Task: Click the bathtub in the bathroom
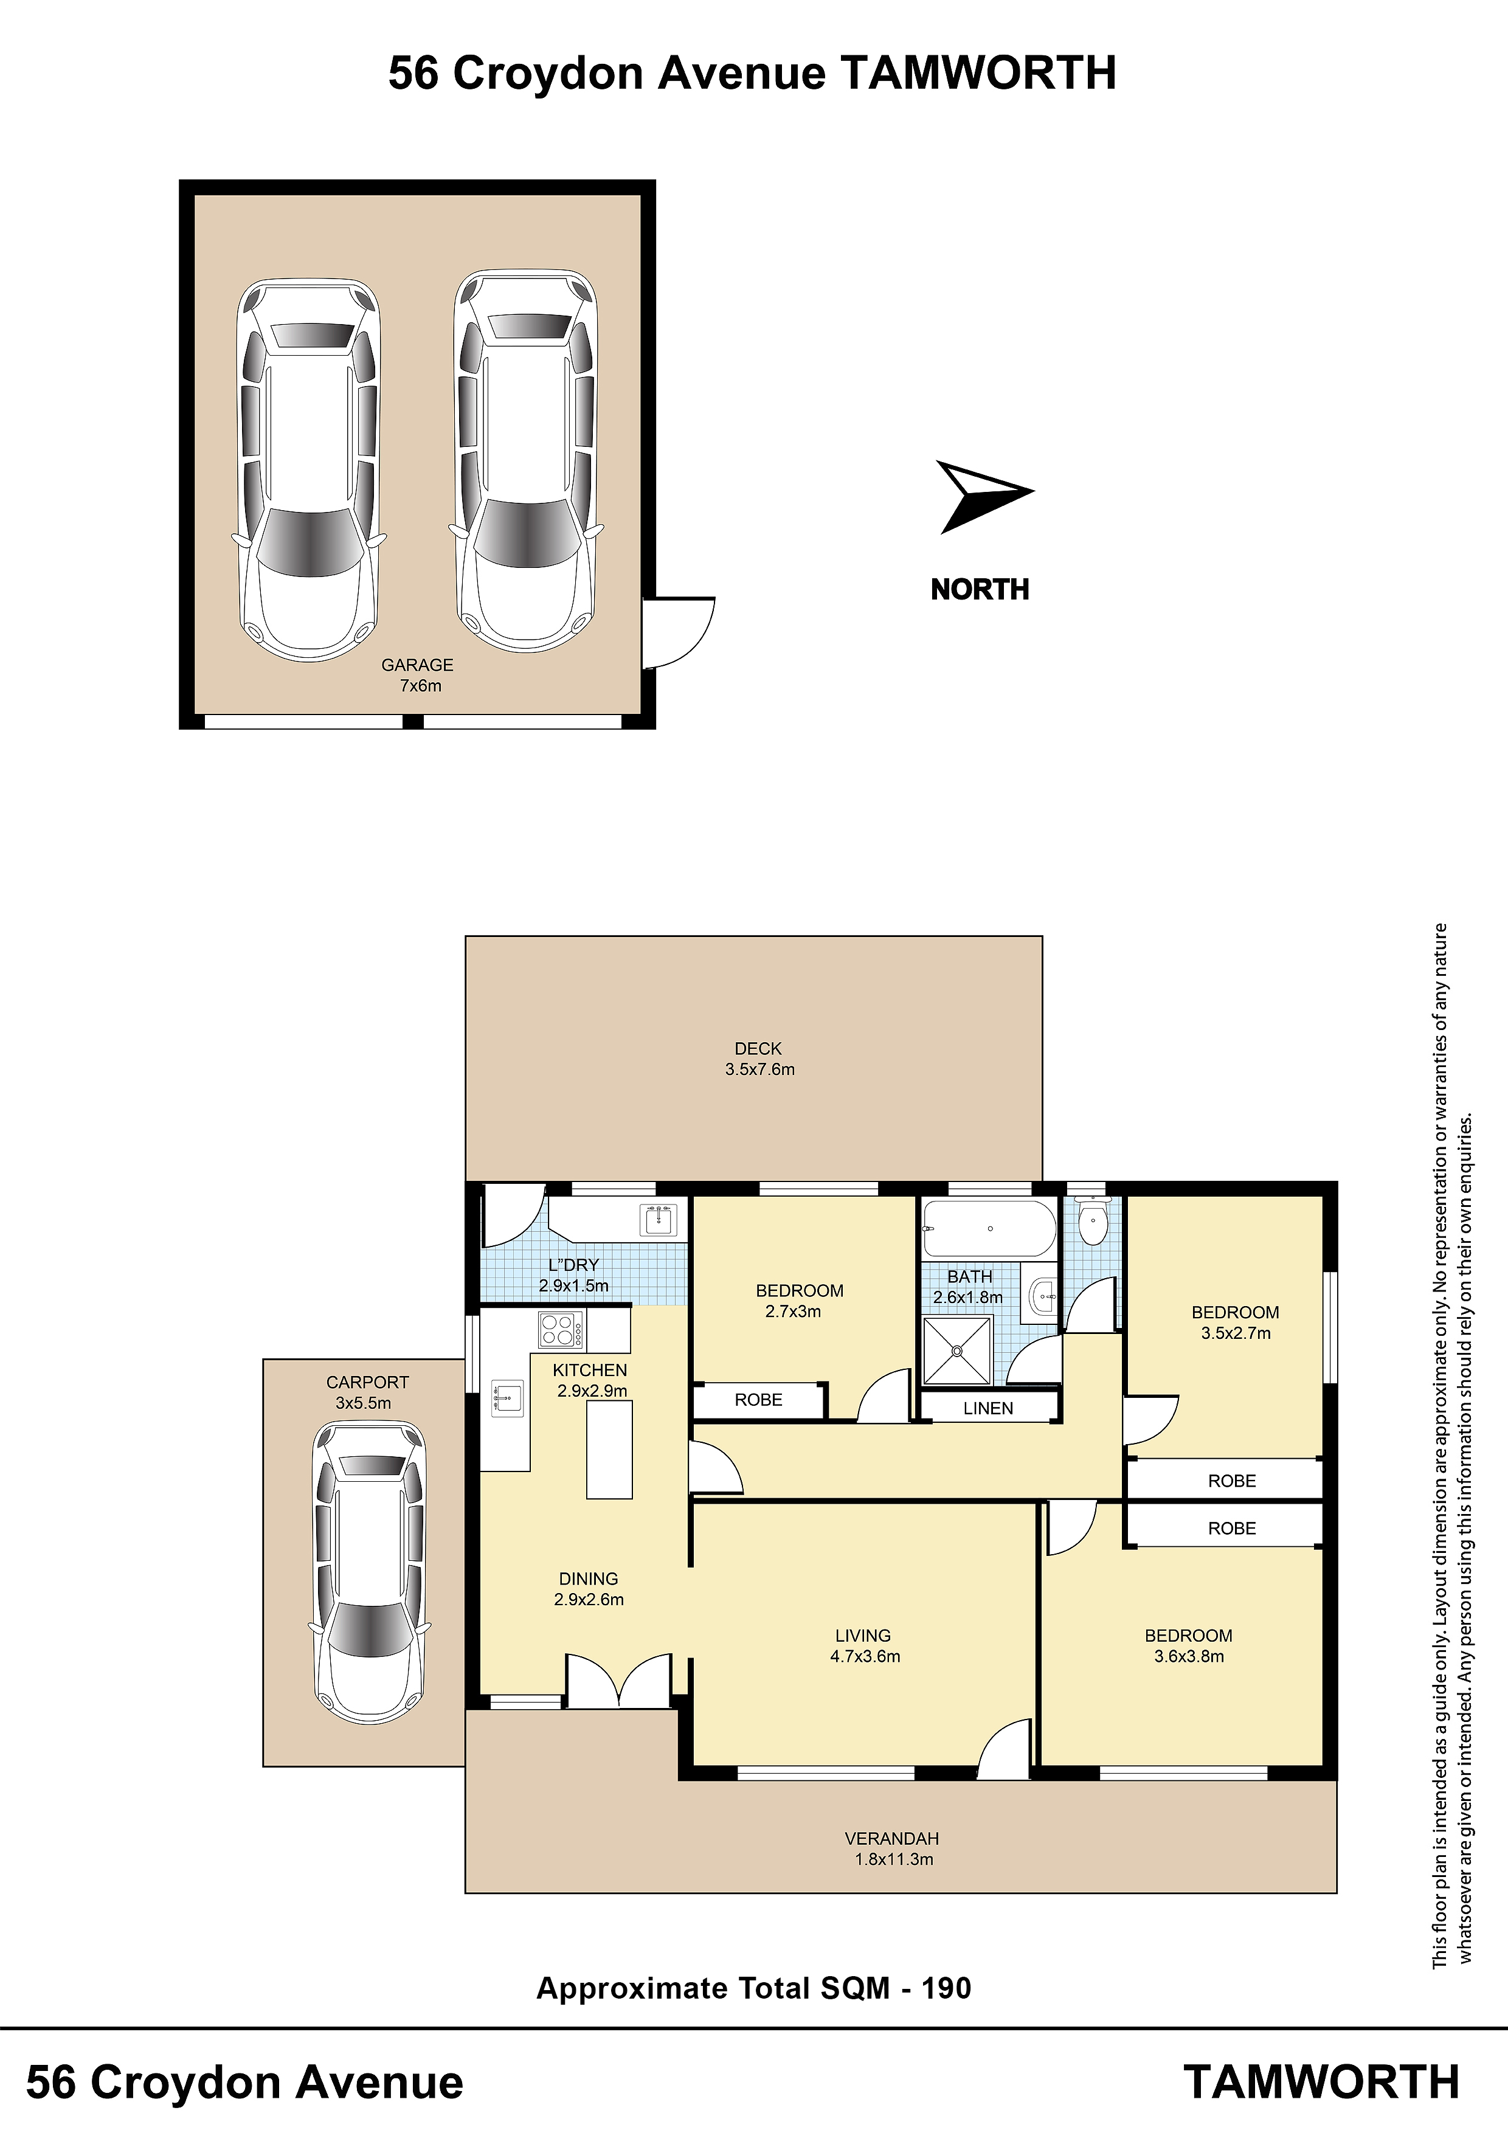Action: coord(989,1228)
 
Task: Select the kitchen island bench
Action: coord(609,1449)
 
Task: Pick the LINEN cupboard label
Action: coord(989,1408)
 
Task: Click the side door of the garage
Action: coord(679,632)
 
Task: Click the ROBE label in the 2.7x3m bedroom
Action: coord(758,1400)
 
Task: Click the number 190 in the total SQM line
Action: coord(946,1988)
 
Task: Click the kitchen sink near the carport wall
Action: coord(507,1398)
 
